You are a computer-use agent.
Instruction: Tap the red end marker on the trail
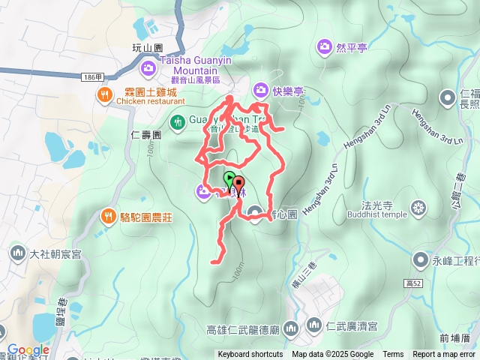[238, 183]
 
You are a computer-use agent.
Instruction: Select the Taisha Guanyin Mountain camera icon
[148, 68]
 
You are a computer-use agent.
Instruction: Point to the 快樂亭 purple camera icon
[260, 91]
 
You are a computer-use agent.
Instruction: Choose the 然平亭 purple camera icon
[324, 47]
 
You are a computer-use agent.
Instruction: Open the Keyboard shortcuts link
[250, 355]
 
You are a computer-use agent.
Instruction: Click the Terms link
[393, 355]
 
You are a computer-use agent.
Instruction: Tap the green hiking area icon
[178, 121]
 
